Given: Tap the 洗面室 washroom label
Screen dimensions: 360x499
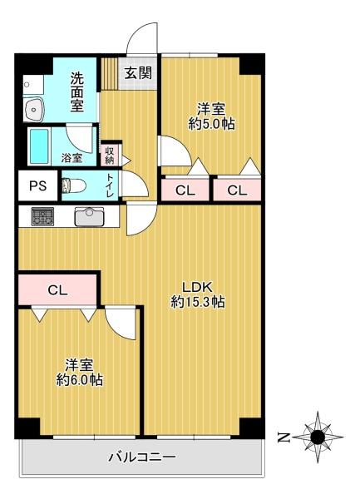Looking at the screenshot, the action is [77, 92].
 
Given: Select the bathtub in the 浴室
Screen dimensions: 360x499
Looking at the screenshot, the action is [39, 146].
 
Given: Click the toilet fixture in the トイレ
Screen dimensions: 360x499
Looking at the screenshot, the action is [73, 185].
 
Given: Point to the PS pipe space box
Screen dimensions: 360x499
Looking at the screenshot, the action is [38, 185].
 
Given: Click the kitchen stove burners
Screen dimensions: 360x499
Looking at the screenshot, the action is [42, 216].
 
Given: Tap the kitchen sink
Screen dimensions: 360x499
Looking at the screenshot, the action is [89, 216].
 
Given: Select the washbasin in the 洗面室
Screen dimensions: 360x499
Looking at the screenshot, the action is [34, 109].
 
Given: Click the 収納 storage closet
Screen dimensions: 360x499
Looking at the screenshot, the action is [110, 156].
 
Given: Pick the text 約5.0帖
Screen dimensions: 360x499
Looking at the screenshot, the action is [211, 123].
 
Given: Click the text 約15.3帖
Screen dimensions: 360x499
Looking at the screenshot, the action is [198, 301].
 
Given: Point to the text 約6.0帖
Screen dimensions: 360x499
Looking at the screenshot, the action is [80, 379].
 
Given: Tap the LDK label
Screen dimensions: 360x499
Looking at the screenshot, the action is [197, 287].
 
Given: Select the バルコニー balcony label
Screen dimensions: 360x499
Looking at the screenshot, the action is [142, 457].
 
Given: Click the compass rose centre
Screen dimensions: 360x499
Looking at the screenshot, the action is [318, 437].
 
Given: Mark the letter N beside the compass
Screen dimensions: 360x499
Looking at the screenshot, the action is [283, 437].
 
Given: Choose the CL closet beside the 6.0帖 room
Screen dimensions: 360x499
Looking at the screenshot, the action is [57, 290].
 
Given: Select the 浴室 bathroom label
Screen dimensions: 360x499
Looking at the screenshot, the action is [72, 157].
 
